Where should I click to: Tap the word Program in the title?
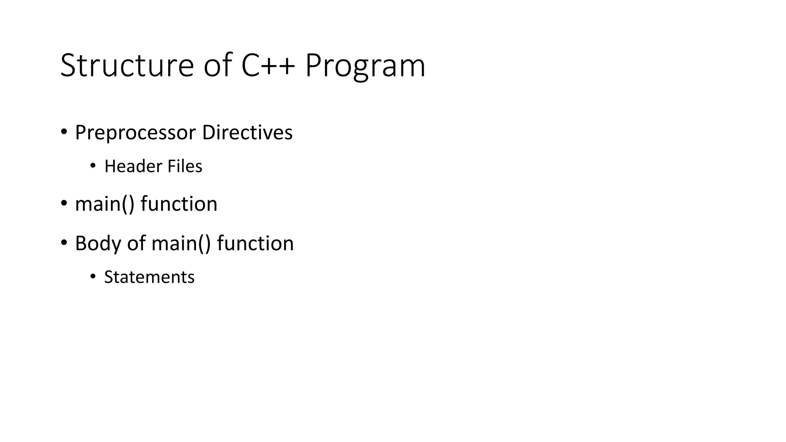pyautogui.click(x=365, y=66)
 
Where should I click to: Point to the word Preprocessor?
pyautogui.click(x=135, y=133)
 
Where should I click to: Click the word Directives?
pyautogui.click(x=247, y=132)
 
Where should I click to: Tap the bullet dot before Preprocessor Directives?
pyautogui.click(x=64, y=132)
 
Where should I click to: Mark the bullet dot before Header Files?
pyautogui.click(x=92, y=166)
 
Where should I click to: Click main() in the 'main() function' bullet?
pyautogui.click(x=105, y=204)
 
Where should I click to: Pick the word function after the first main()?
pyautogui.click(x=179, y=204)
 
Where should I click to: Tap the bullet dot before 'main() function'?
pyautogui.click(x=64, y=203)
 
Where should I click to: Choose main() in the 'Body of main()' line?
pyautogui.click(x=181, y=244)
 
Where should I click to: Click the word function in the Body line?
pyautogui.click(x=255, y=244)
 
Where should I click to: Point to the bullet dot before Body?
pyautogui.click(x=64, y=242)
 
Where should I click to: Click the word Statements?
pyautogui.click(x=149, y=277)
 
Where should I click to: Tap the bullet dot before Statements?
pyautogui.click(x=92, y=276)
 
